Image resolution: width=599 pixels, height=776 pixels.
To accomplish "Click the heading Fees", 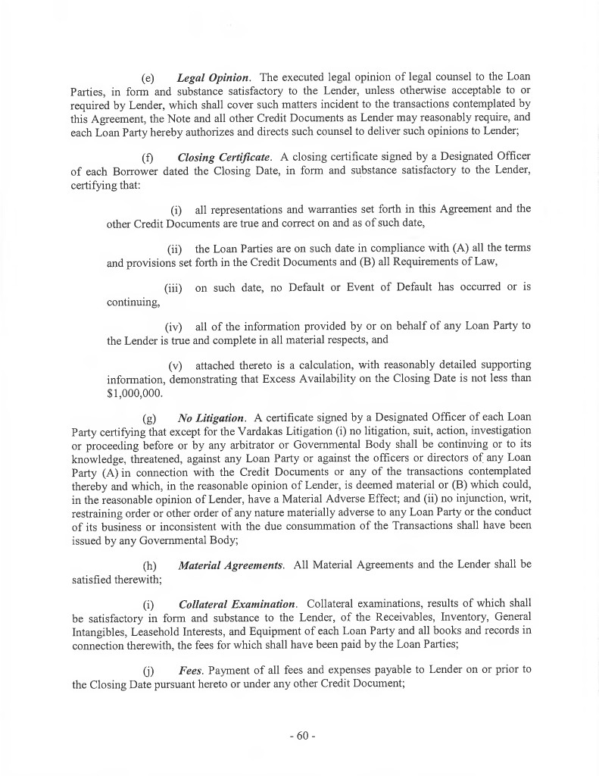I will pyautogui.click(x=189, y=671).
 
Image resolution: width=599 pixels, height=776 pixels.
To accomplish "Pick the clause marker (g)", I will pyautogui.click(x=149, y=418).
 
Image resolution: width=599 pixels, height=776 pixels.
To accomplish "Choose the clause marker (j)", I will pyautogui.click(x=149, y=671).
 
